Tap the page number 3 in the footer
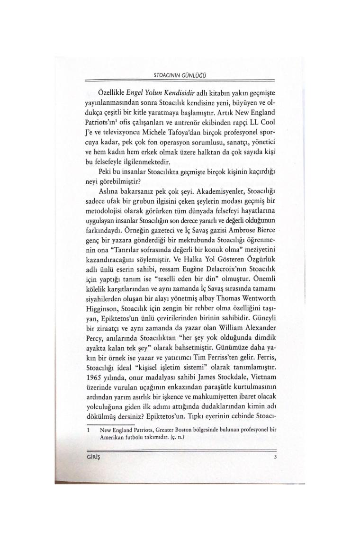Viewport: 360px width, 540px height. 275,457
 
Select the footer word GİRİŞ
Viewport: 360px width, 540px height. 92,457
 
